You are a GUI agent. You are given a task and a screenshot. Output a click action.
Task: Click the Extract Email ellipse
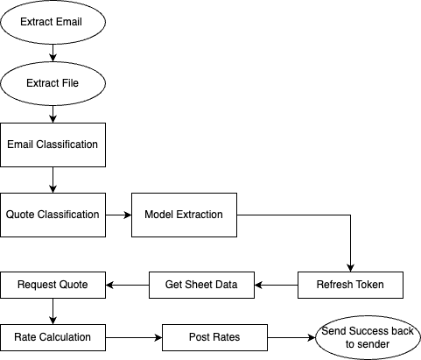(53, 22)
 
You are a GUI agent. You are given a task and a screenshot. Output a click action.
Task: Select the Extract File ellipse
(53, 83)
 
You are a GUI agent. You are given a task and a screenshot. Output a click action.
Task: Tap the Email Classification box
(53, 144)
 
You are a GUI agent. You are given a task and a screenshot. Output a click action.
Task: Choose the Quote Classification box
(53, 215)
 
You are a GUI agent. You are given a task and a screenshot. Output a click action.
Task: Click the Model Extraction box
(184, 215)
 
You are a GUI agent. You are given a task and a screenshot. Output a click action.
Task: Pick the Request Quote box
(53, 285)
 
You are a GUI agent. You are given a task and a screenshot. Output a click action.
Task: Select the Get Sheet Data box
(201, 285)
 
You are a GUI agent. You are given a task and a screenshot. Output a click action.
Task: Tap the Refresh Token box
(350, 285)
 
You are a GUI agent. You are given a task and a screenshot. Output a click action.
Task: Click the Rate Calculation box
(53, 337)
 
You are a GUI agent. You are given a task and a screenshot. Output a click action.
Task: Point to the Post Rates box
(214, 337)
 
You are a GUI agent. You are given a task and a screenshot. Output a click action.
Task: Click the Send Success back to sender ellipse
(368, 337)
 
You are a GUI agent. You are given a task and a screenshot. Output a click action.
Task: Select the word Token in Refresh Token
(368, 285)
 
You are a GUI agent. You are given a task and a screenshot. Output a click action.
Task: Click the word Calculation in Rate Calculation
(65, 337)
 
